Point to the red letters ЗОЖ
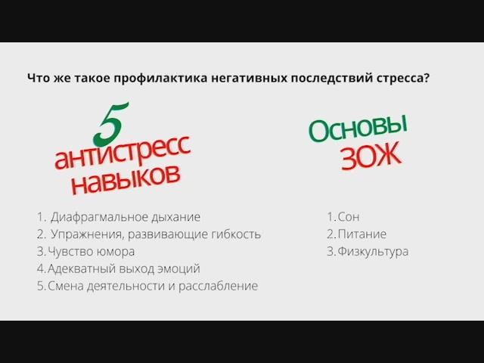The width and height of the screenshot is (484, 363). [x=369, y=157]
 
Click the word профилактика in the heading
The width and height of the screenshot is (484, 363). [x=166, y=78]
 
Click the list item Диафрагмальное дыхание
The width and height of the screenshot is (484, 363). [x=126, y=217]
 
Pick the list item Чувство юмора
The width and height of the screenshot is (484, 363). [x=91, y=252]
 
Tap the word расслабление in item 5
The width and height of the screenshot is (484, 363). [x=218, y=287]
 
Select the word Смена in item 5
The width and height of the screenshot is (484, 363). [x=65, y=287]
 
